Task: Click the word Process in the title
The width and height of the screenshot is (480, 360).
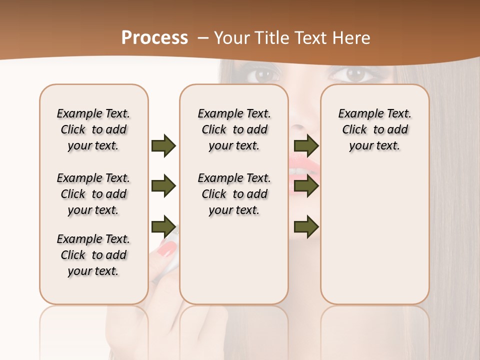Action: coord(154,37)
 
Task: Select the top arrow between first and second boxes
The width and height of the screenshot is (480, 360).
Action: coord(163,145)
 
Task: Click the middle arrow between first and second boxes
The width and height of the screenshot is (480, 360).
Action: coord(163,186)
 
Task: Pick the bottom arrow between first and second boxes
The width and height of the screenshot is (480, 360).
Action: coord(163,226)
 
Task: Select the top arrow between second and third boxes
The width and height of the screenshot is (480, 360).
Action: coord(306,145)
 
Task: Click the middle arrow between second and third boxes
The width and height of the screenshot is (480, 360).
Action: coord(306,186)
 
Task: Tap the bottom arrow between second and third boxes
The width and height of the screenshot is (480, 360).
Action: coord(306,226)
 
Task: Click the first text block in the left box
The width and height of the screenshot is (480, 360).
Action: coord(93,129)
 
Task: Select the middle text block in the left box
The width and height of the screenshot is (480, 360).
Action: coord(93,194)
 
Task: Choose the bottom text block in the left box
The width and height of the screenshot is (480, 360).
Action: coord(93,255)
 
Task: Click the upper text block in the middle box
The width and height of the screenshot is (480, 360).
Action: coord(234,129)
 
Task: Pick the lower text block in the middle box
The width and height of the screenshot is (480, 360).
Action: coord(234,194)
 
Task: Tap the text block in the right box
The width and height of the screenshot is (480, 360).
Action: coord(375,129)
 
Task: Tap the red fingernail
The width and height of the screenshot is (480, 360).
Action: coord(167,247)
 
